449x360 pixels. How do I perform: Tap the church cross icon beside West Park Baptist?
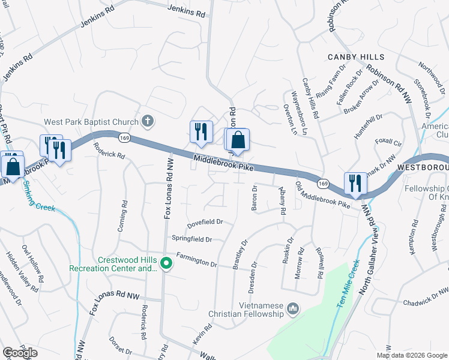pyautogui.click(x=148, y=122)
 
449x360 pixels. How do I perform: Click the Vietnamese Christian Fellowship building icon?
pyautogui.click(x=293, y=308)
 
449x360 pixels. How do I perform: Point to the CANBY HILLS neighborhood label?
pyautogui.click(x=355, y=57)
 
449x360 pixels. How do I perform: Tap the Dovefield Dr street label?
pyautogui.click(x=205, y=221)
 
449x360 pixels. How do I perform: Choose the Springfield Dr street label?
pyautogui.click(x=191, y=239)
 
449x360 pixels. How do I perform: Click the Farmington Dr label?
pyautogui.click(x=196, y=262)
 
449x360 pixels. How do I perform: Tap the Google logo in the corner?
pyautogui.click(x=20, y=353)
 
